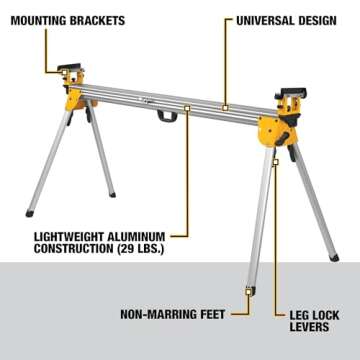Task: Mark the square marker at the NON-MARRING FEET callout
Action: pyautogui.click(x=248, y=292)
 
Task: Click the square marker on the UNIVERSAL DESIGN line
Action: pyautogui.click(x=227, y=103)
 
